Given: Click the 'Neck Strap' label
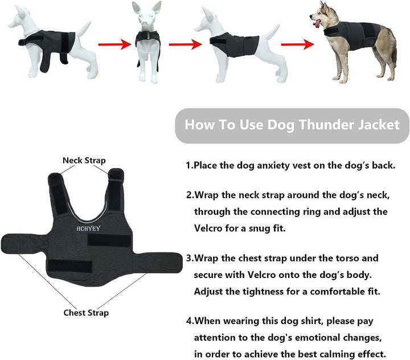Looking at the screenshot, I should (x=84, y=161).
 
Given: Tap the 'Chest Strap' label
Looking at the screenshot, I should (x=86, y=312).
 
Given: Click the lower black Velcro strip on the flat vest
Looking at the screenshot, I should (x=69, y=264).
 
